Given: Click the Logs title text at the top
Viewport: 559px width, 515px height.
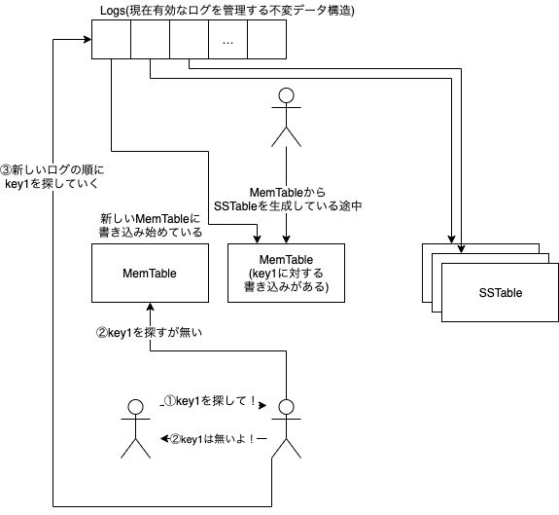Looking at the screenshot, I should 227,12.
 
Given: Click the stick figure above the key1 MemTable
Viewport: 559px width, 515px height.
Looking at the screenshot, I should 286,115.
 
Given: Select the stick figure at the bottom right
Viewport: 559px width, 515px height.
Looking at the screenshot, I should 286,427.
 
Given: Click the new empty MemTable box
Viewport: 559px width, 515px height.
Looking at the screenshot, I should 149,273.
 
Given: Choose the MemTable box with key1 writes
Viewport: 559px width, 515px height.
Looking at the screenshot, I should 286,273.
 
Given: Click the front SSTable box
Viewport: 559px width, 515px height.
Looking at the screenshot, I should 500,292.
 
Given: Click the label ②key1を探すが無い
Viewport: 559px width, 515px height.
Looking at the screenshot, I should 149,331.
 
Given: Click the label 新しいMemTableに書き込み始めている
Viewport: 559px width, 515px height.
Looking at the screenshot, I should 149,225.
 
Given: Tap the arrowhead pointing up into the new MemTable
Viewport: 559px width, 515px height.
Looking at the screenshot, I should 149,308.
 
